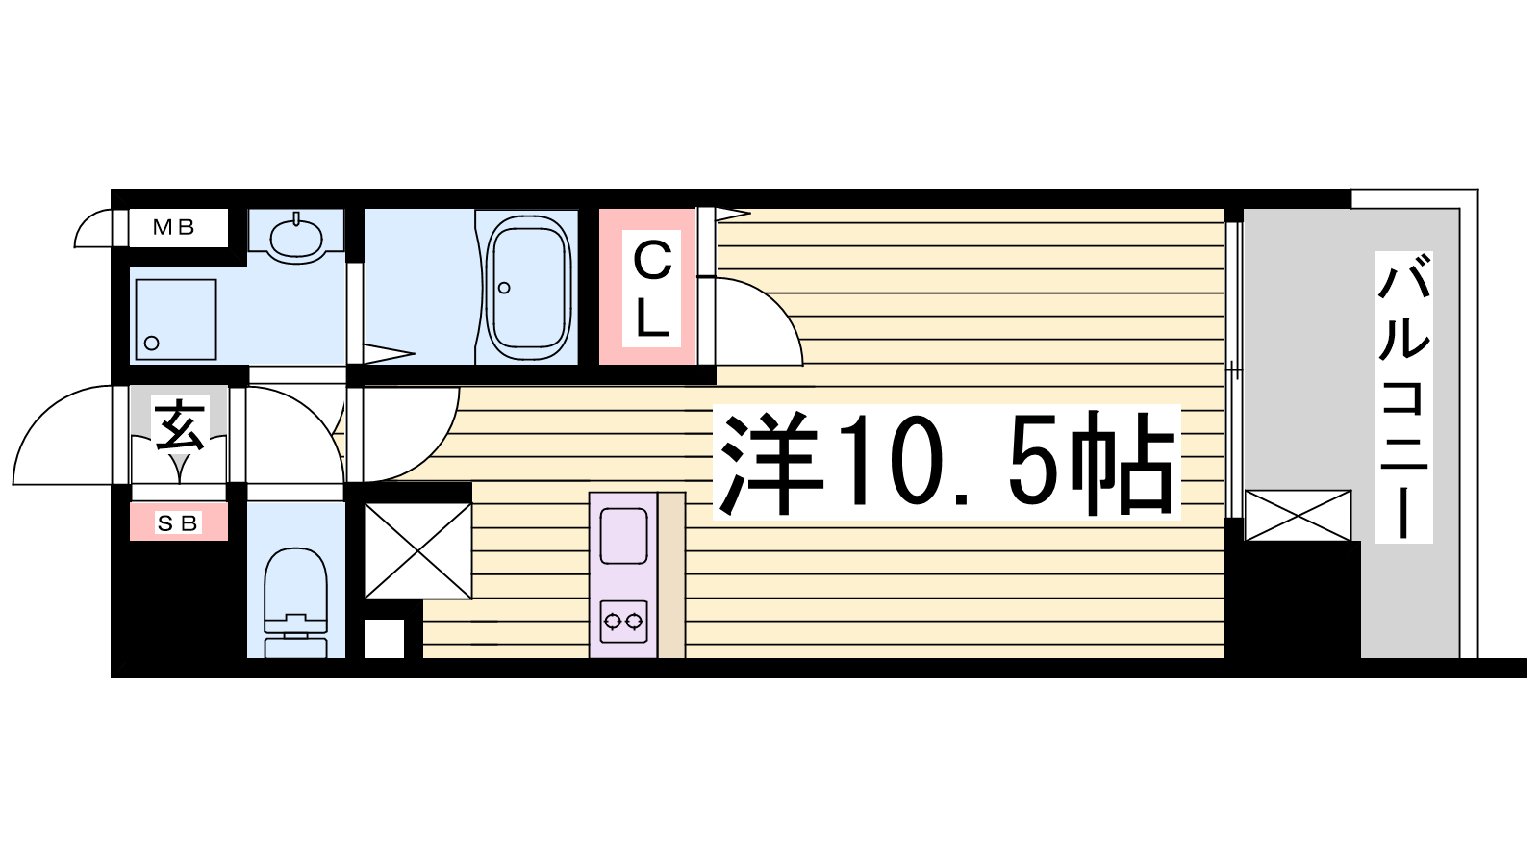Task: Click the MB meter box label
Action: tap(174, 227)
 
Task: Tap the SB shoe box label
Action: tap(178, 523)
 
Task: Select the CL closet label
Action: tap(652, 290)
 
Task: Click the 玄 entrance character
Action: tap(179, 425)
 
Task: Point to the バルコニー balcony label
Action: tap(1403, 396)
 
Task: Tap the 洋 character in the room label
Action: tap(769, 464)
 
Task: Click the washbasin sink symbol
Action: tap(296, 237)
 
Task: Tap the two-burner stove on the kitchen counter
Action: tap(624, 622)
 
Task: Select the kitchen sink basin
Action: tap(624, 536)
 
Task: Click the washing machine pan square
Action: tap(176, 319)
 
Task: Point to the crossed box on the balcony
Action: tap(1298, 515)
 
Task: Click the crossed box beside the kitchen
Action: tap(417, 551)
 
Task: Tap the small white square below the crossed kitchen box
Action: tap(384, 639)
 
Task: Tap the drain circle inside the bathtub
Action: tap(504, 288)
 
